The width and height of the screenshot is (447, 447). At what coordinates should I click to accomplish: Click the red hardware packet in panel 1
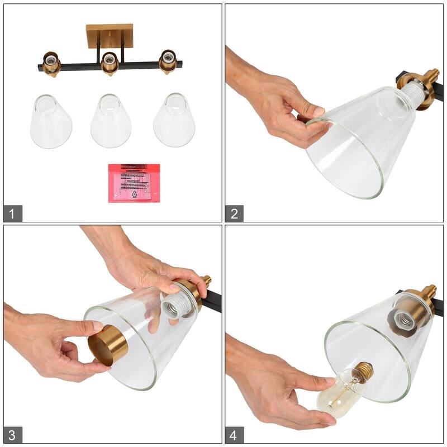click(134, 183)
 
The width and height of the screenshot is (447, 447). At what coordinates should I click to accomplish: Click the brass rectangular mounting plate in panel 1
click(110, 36)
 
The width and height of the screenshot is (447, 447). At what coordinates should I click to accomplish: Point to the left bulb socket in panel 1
click(51, 63)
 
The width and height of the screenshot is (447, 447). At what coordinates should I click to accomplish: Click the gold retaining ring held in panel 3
click(108, 346)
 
